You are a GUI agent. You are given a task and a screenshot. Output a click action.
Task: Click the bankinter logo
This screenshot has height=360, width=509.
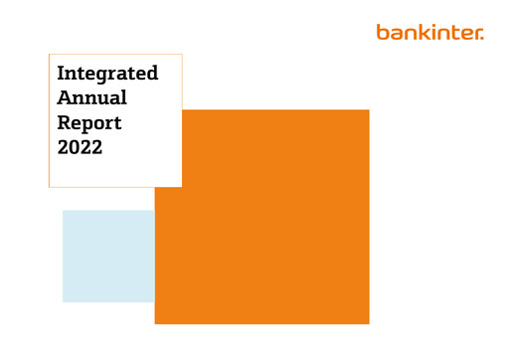pos(429,33)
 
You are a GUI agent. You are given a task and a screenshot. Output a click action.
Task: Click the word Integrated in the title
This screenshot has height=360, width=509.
pos(107,75)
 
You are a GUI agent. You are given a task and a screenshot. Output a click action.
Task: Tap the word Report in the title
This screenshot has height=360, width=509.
pos(89,124)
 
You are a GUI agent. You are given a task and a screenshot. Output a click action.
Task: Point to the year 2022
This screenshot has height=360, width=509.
pos(81,148)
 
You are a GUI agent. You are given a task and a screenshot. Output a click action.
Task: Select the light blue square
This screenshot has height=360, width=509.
pos(107,256)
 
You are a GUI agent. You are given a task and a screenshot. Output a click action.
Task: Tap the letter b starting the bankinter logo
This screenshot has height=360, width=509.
pos(382,32)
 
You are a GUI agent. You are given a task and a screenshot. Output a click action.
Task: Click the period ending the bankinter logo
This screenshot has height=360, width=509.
pos(482,38)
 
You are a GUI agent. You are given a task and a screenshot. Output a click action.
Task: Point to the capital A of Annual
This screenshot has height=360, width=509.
pos(65,98)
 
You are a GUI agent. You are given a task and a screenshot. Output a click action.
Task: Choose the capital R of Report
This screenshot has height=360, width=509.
pos(65,123)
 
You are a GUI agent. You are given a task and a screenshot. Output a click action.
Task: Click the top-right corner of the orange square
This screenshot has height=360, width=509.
pos(369,110)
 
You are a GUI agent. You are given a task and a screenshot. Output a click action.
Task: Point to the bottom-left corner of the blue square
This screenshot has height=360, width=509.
pos(63,301)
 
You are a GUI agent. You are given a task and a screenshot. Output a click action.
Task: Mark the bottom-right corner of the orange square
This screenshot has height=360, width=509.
pos(369,323)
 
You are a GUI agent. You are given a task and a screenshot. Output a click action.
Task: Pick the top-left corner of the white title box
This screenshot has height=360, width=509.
pos(49,54)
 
